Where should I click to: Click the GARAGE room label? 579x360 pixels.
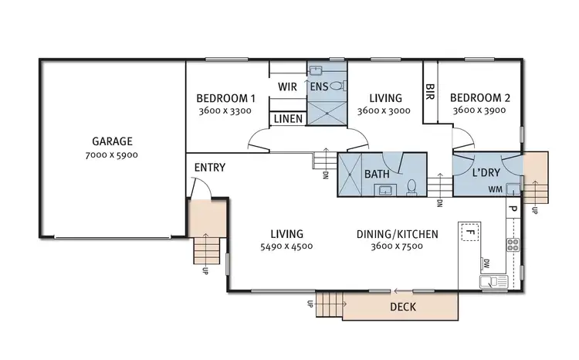tap(113, 141)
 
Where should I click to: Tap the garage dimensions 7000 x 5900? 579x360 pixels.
tap(113, 155)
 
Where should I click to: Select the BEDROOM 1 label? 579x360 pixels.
tap(225, 98)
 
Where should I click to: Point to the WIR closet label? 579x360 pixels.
tap(288, 86)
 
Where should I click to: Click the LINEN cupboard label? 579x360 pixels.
tap(288, 120)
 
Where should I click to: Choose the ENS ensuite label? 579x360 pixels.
tap(319, 86)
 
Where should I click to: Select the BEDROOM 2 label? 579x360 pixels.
tap(479, 98)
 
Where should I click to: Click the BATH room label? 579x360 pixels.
tap(377, 175)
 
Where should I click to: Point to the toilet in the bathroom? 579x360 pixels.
tap(412, 187)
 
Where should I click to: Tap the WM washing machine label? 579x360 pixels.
tap(495, 188)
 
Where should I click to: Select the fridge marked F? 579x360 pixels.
tap(468, 231)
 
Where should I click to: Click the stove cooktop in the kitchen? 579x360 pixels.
tap(513, 246)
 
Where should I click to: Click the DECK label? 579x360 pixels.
tap(402, 307)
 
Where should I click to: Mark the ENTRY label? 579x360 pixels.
tap(209, 167)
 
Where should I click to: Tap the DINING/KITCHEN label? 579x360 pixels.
tap(398, 233)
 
